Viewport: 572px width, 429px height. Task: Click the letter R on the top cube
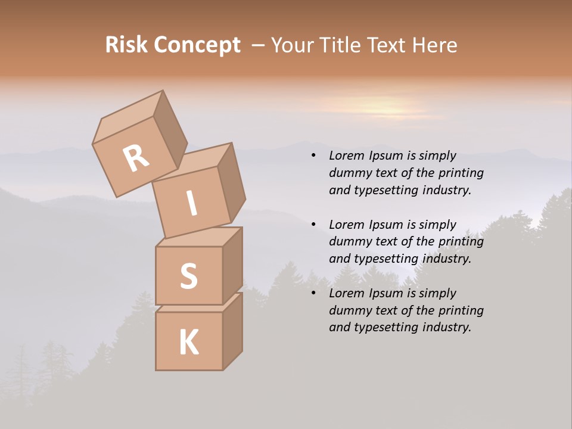pyautogui.click(x=136, y=158)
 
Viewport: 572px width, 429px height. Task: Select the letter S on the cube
pyautogui.click(x=188, y=275)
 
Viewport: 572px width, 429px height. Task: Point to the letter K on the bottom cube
pyautogui.click(x=188, y=343)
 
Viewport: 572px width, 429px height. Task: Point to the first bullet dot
pyautogui.click(x=313, y=156)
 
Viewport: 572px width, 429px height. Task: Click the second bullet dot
pyautogui.click(x=313, y=225)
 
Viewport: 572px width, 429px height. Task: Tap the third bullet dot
pyautogui.click(x=313, y=293)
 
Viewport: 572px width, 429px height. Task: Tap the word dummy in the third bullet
pyautogui.click(x=348, y=310)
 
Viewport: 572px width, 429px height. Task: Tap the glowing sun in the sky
pyautogui.click(x=390, y=109)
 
